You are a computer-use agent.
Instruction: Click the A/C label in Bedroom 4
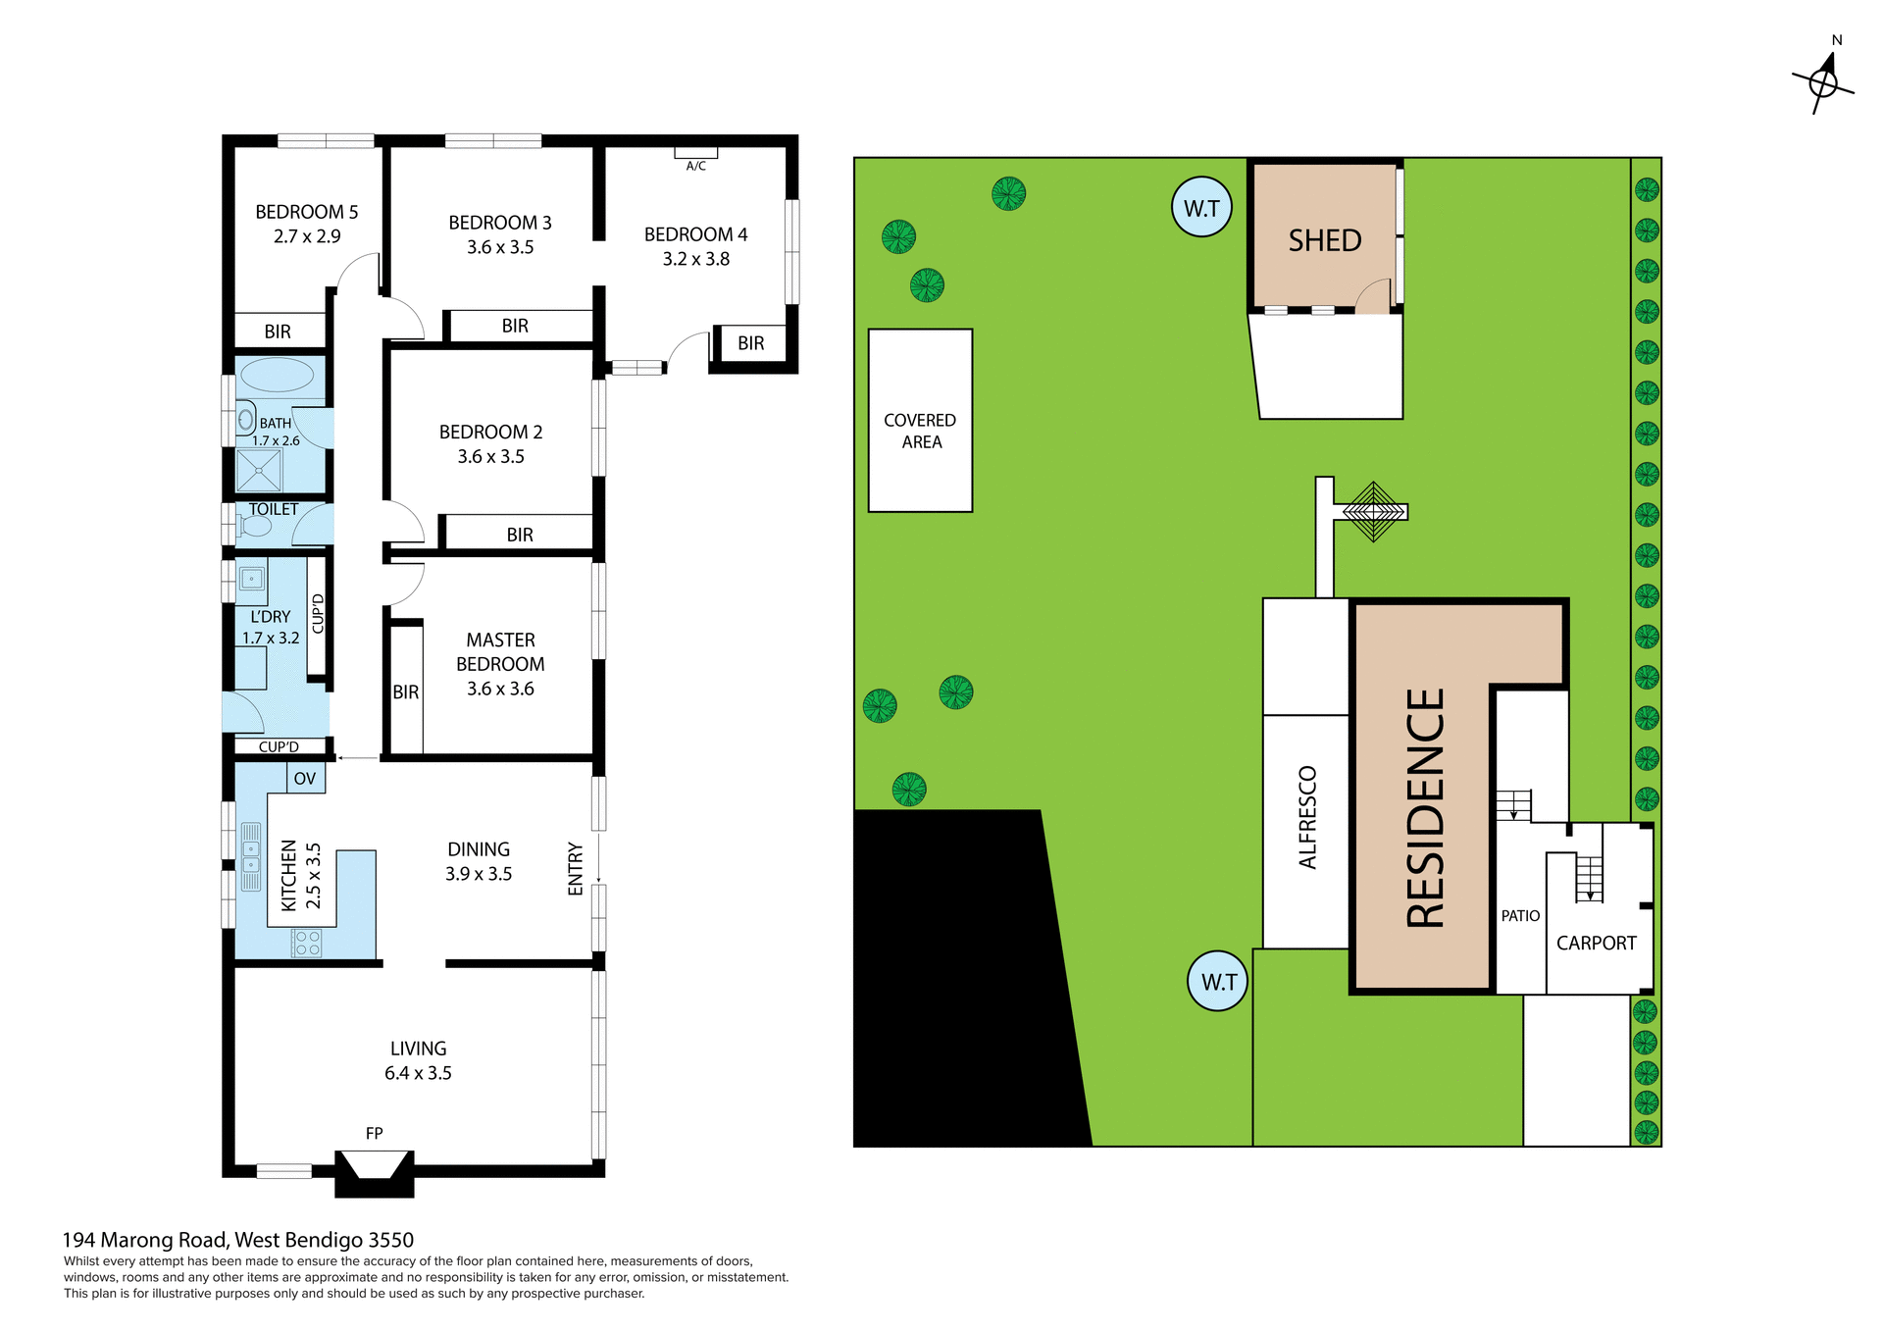click(x=695, y=166)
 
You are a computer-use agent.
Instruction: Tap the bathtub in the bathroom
click(x=277, y=375)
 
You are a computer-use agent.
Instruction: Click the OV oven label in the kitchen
click(x=305, y=779)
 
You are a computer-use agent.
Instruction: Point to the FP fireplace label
click(x=374, y=1133)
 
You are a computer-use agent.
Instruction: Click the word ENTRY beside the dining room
click(x=576, y=868)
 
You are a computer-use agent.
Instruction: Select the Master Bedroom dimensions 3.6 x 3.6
click(x=500, y=689)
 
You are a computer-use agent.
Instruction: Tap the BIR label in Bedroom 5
click(x=278, y=332)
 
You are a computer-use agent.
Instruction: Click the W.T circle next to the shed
click(x=1201, y=207)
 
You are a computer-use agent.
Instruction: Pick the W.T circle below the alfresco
click(x=1218, y=981)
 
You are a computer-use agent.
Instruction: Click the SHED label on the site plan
click(x=1324, y=240)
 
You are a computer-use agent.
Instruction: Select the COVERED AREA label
click(x=920, y=431)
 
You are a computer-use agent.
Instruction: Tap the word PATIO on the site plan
click(x=1520, y=916)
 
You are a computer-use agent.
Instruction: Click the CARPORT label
click(x=1596, y=943)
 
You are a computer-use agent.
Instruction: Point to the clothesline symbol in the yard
click(x=1373, y=511)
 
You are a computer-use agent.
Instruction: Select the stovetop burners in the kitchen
click(x=307, y=944)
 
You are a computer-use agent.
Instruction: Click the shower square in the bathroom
click(x=259, y=471)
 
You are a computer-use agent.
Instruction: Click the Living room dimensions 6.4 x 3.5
click(x=418, y=1073)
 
